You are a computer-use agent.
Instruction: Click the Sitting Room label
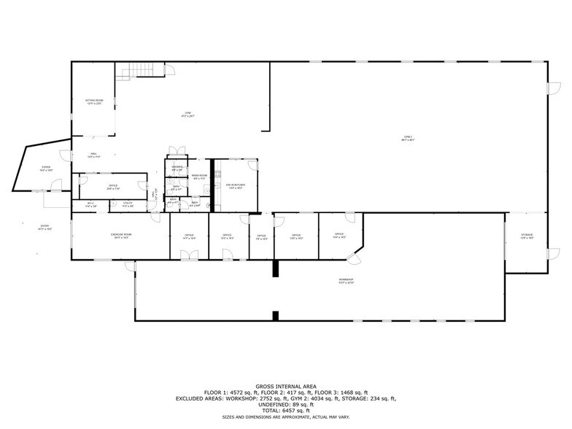[93, 101]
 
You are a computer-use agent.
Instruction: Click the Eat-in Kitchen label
[236, 186]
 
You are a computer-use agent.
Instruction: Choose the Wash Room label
[199, 177]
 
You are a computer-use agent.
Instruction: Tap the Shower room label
[177, 169]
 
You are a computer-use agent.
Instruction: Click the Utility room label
[127, 205]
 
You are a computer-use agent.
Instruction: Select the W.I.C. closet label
[90, 205]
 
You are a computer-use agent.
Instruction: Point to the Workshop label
[346, 281]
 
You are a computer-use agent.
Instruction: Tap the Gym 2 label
[409, 139]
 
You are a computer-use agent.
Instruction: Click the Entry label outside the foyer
[45, 228]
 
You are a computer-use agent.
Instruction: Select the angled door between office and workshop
[355, 259]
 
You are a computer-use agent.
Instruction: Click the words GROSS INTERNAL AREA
[285, 387]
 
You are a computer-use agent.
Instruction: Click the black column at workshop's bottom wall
[275, 316]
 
